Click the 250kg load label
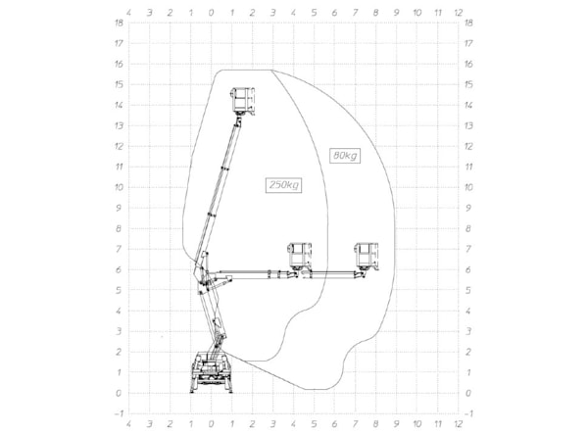pyautogui.click(x=283, y=185)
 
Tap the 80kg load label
pyautogui.click(x=345, y=155)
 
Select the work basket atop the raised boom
pyautogui.click(x=243, y=101)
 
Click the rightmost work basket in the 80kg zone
pyautogui.click(x=367, y=257)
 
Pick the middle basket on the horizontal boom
pyautogui.click(x=299, y=257)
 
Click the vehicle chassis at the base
pyautogui.click(x=211, y=372)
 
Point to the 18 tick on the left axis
pyautogui.click(x=119, y=23)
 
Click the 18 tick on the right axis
pyautogui.click(x=468, y=23)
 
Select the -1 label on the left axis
pyautogui.click(x=119, y=413)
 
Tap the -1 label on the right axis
pyautogui.click(x=468, y=413)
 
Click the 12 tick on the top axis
pyautogui.click(x=459, y=13)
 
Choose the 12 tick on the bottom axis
pyautogui.click(x=459, y=424)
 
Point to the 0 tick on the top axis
pyautogui.click(x=211, y=13)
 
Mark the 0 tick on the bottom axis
pyautogui.click(x=211, y=424)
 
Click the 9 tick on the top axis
pyautogui.click(x=396, y=13)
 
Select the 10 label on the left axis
pyautogui.click(x=119, y=187)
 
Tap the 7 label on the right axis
pyautogui.click(x=468, y=249)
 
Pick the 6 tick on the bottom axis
pyautogui.click(x=334, y=424)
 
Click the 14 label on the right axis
pyautogui.click(x=468, y=105)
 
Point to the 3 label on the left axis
pyautogui.click(x=119, y=331)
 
